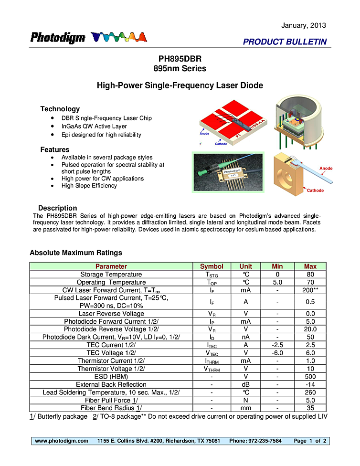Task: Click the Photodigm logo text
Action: point(58,38)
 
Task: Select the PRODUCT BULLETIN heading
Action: point(285,42)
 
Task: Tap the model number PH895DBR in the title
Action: point(180,59)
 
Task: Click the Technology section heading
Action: point(60,109)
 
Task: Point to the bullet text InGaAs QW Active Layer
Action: point(94,127)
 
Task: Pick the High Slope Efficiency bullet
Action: point(89,186)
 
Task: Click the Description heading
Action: point(57,208)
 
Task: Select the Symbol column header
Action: point(212,266)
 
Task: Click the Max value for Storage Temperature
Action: point(310,275)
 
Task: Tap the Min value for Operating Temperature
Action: point(277,282)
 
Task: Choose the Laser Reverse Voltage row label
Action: point(111,314)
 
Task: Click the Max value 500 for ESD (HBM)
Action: point(310,377)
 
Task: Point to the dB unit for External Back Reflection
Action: point(245,384)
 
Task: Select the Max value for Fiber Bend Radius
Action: point(310,408)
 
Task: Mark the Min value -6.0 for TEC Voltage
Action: point(277,353)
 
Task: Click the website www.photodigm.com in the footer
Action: point(62,441)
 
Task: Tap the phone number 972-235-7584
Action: point(265,441)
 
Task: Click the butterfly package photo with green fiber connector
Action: point(228,172)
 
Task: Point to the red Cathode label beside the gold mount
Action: point(315,191)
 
